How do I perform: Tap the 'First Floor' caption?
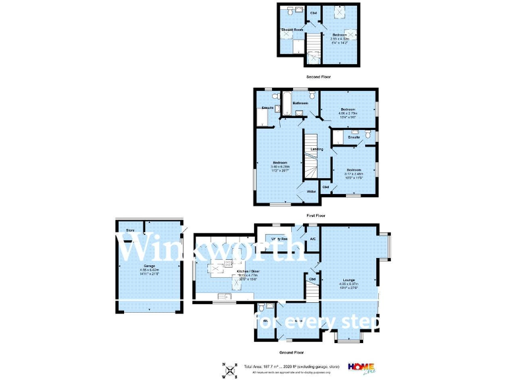(x=316, y=216)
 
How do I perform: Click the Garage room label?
(x=147, y=266)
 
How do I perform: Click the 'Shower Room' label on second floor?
(x=292, y=30)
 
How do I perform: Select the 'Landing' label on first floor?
(x=317, y=150)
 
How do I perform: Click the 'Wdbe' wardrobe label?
(x=311, y=191)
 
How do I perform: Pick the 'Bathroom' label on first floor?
(x=301, y=104)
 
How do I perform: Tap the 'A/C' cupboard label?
(x=313, y=239)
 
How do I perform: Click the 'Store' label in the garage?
(x=131, y=230)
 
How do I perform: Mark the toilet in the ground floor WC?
(x=262, y=308)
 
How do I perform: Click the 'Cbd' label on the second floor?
(x=314, y=13)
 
